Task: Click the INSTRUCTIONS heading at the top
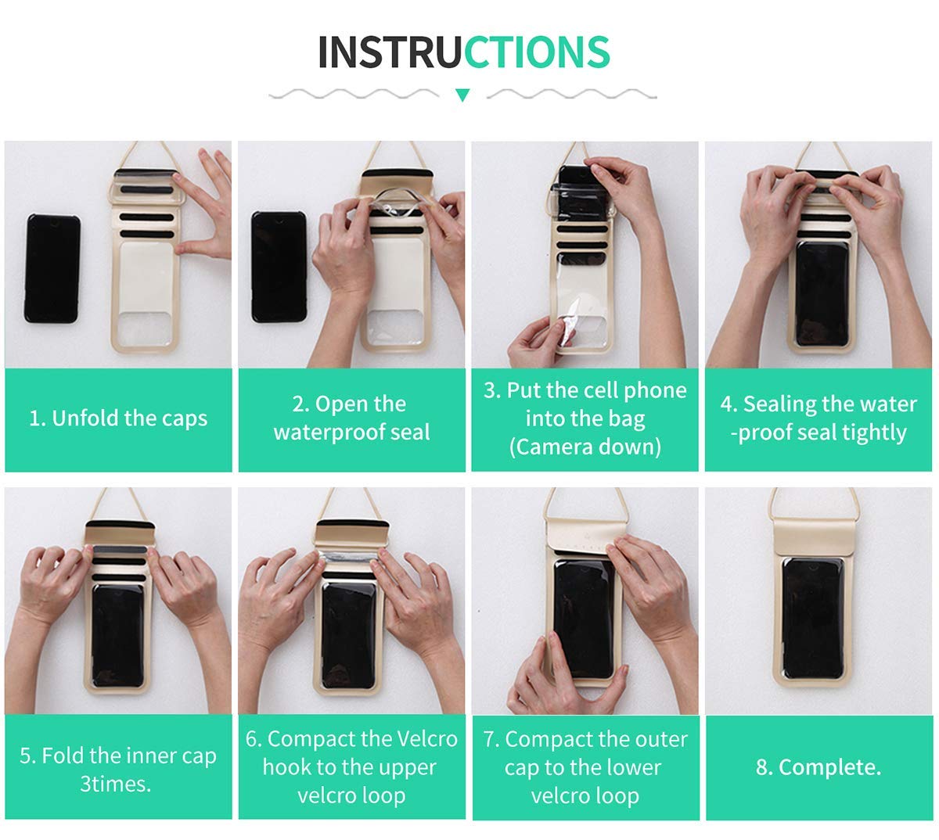464,52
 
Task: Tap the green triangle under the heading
462,95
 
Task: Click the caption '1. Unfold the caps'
118,418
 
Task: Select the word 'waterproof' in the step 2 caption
328,433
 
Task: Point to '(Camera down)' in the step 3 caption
585,447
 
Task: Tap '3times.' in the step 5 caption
115,784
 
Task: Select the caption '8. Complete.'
818,767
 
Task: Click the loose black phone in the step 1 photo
52,268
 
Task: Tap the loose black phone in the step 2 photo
279,267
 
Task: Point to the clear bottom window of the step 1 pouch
144,329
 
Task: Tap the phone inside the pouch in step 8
813,618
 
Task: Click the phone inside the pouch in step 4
822,294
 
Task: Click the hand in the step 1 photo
204,204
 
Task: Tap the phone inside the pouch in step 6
349,636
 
